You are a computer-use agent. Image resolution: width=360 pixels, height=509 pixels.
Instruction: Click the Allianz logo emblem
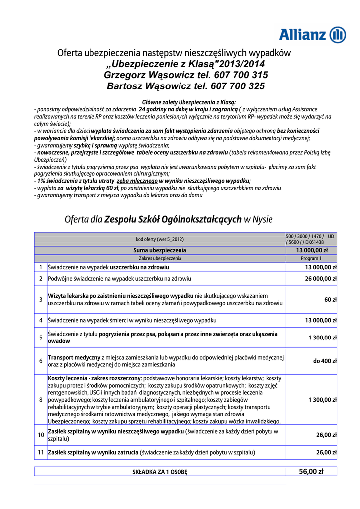(x=338, y=35)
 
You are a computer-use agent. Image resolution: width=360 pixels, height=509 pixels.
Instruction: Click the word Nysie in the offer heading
(x=262, y=219)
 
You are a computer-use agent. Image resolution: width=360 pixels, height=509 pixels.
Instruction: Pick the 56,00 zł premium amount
(x=311, y=471)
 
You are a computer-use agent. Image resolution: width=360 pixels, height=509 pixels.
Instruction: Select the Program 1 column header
(x=311, y=258)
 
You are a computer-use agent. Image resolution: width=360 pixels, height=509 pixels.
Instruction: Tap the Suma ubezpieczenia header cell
(x=160, y=250)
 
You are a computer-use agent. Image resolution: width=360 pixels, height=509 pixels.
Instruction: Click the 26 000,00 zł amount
(x=320, y=279)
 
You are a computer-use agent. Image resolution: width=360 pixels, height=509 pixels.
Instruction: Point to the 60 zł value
(x=330, y=300)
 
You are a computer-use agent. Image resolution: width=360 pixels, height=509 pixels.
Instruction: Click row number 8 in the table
(x=41, y=400)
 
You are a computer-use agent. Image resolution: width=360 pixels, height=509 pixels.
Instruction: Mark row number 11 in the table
(x=41, y=453)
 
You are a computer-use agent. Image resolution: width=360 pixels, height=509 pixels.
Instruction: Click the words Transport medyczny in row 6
(x=74, y=357)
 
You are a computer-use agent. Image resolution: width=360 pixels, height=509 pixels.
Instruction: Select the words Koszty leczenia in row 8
(x=70, y=378)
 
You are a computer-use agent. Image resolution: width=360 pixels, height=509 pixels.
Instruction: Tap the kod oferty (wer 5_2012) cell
(x=160, y=238)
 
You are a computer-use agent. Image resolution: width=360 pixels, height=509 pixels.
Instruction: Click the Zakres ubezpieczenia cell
(x=160, y=258)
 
